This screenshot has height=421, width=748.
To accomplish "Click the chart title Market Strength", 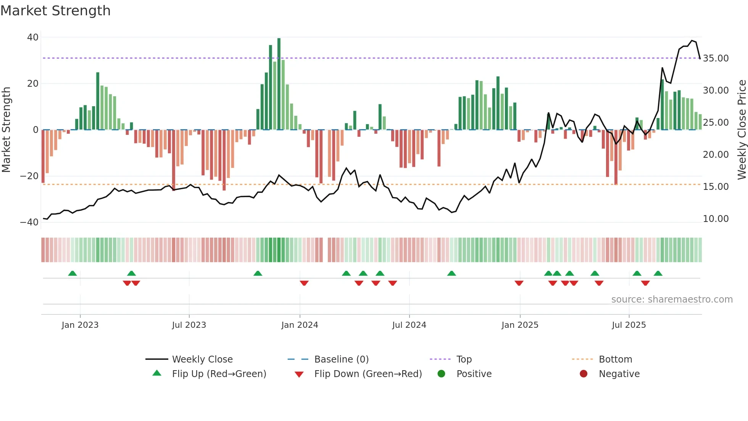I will (55, 11).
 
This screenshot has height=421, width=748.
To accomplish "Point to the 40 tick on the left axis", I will (33, 37).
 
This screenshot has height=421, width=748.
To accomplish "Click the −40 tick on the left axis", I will (29, 222).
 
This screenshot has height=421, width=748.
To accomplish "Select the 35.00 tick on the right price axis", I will (716, 58).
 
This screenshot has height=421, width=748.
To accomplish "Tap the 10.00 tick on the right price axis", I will (716, 219).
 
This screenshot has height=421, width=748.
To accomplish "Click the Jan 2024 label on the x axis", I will (300, 325).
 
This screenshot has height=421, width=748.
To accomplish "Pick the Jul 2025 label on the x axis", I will (629, 325).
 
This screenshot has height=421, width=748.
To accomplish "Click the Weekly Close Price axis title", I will (742, 130).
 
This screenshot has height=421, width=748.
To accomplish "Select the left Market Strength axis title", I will (6, 130).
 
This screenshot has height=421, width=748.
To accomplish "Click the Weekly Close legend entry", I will (202, 359).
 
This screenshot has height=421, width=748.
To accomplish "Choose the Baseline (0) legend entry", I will (341, 359).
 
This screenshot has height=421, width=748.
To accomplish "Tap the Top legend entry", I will (464, 359).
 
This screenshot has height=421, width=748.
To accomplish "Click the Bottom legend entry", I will (615, 359).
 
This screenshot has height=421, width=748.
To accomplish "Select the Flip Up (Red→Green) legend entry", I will (219, 374).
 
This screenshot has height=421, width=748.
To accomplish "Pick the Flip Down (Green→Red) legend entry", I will (368, 374).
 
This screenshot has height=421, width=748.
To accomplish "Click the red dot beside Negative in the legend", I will (584, 374).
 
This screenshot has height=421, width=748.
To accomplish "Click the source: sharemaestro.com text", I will (672, 300).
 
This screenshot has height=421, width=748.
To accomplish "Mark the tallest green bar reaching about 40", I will (279, 84).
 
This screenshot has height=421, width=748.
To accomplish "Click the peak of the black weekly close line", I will (692, 40).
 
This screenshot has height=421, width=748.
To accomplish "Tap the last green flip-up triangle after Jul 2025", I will (658, 273).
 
